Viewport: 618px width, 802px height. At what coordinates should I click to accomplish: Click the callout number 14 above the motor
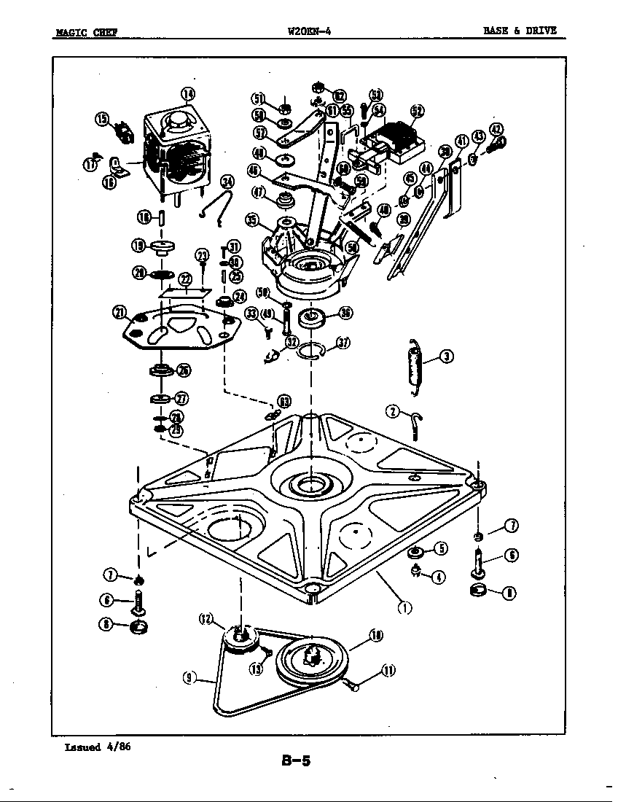click(188, 93)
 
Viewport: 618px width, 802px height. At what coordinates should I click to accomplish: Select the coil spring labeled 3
click(415, 368)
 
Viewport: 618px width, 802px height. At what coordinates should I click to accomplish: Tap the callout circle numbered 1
click(402, 606)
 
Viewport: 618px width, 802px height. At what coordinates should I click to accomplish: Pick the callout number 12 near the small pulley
click(206, 619)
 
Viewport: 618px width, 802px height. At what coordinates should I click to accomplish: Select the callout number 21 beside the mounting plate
click(120, 312)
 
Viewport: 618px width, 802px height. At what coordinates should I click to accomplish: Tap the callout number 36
click(345, 314)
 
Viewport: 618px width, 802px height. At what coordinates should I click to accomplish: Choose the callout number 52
click(417, 111)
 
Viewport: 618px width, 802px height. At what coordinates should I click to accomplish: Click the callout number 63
click(283, 401)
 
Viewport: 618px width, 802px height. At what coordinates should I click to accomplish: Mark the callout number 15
click(101, 120)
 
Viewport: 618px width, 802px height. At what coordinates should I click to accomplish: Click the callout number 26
click(184, 370)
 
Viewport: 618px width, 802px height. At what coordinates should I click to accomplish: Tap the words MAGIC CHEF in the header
click(86, 31)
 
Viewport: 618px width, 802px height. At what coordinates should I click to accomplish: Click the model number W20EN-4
click(310, 31)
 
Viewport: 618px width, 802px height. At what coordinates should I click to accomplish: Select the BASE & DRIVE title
click(520, 31)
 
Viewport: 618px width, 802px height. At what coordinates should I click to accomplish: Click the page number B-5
click(296, 762)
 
